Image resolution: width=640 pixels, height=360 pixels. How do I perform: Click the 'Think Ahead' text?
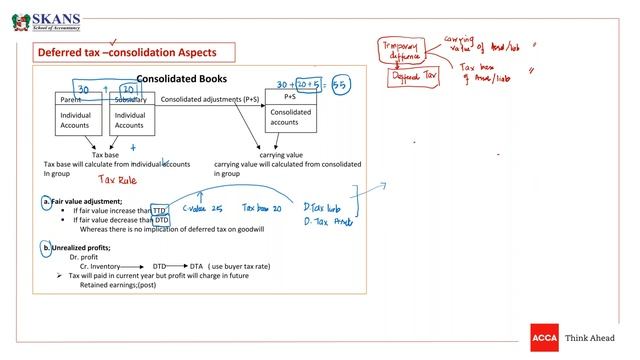pos(593,338)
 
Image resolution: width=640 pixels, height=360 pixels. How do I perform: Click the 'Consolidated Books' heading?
pos(181,78)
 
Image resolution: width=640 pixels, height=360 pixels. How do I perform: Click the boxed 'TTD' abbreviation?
pos(159,211)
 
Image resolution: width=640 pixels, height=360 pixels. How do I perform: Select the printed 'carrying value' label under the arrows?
pos(281,155)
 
